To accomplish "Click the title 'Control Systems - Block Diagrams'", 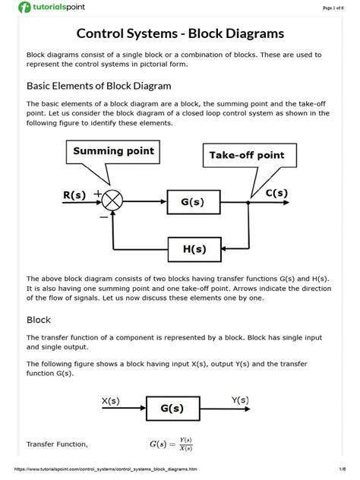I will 180,33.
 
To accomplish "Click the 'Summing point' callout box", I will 113,151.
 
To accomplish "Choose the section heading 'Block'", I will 39,320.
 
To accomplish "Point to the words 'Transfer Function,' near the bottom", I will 58,444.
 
